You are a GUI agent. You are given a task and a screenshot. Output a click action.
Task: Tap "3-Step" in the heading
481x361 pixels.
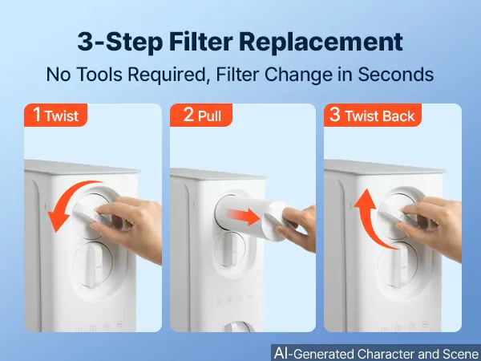click(x=120, y=42)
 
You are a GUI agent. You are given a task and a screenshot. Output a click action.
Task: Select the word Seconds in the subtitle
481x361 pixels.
click(x=396, y=75)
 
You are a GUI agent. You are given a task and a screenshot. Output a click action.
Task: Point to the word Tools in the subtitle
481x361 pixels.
click(x=99, y=75)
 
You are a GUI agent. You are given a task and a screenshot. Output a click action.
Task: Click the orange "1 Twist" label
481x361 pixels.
click(x=56, y=115)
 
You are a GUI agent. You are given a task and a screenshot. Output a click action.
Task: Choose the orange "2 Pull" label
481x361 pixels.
click(x=201, y=115)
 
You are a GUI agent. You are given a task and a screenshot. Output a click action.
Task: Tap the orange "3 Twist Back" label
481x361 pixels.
click(x=373, y=115)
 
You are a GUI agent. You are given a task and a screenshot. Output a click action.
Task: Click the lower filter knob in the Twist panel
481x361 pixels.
click(x=93, y=265)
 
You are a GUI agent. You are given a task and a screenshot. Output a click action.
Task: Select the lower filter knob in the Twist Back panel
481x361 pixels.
click(x=398, y=265)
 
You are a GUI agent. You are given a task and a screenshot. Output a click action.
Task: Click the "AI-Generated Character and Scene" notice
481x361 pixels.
click(x=376, y=353)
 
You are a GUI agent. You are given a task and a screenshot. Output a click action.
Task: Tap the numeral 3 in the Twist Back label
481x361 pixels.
click(x=334, y=115)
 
